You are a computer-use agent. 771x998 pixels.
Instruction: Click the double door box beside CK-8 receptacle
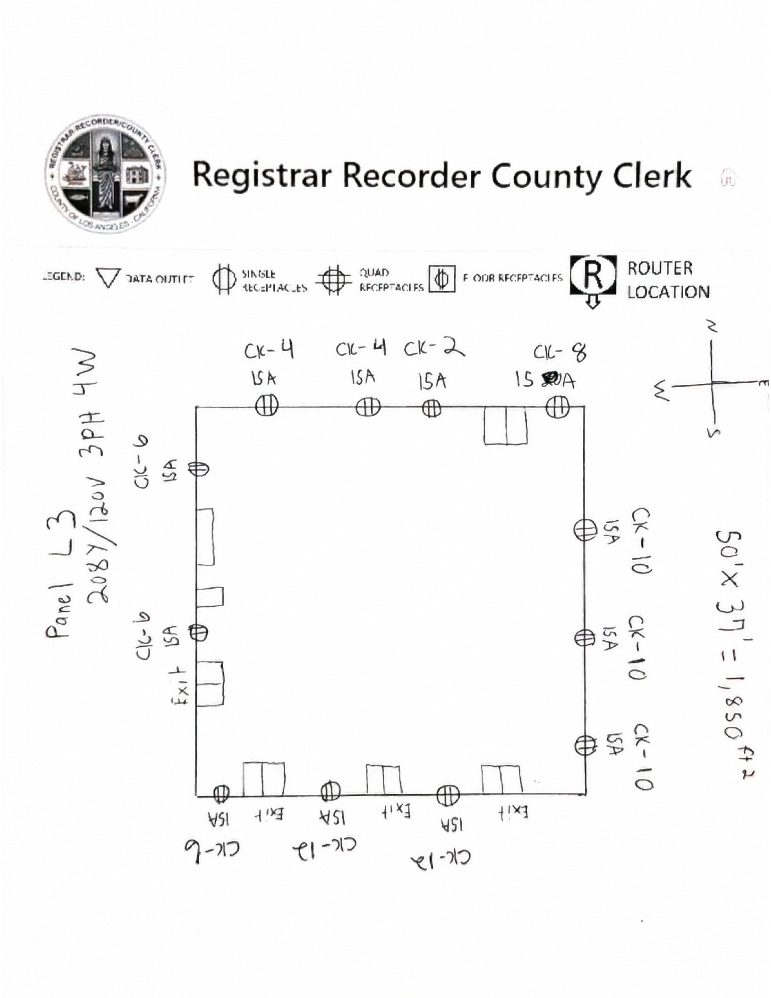click(505, 425)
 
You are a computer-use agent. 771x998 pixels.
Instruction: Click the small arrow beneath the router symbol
click(592, 302)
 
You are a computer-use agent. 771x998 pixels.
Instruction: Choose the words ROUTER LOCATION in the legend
click(667, 280)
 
